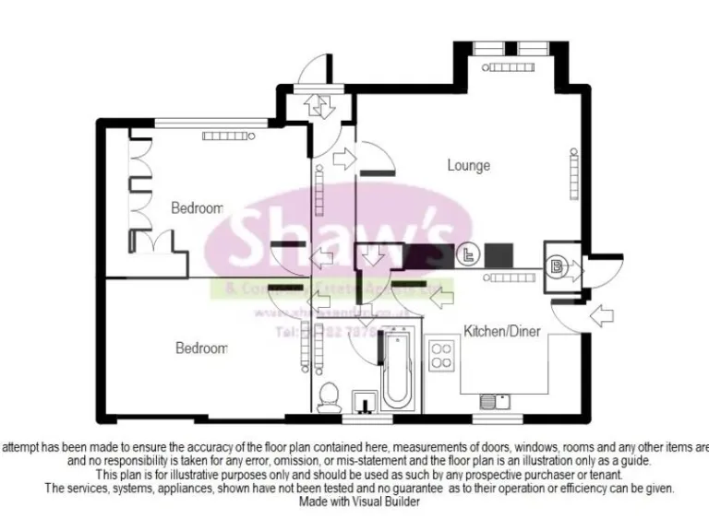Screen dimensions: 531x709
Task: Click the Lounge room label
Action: click(468, 166)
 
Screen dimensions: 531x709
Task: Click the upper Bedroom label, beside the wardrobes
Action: click(198, 208)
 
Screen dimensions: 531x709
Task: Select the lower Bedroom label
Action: click(201, 348)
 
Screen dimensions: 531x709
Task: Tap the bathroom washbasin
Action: click(364, 401)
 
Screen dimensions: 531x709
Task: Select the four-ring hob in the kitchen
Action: click(441, 354)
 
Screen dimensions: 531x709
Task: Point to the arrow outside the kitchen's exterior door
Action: click(600, 315)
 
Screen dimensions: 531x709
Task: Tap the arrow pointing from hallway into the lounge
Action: click(343, 159)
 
